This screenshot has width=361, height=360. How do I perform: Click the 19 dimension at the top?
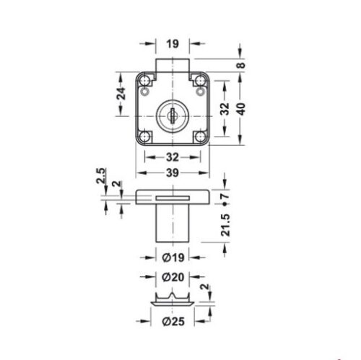[173, 43]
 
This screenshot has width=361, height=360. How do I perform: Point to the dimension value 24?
[122, 93]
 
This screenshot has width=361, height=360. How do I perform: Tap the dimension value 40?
[242, 107]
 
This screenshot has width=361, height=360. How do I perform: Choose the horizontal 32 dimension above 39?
[173, 157]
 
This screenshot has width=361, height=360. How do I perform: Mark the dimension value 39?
[173, 174]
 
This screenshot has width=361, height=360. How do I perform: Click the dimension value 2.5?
[100, 175]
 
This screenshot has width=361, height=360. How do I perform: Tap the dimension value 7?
[225, 196]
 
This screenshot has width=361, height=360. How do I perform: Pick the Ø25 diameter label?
[173, 322]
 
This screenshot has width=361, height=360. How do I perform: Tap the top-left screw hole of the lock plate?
[146, 91]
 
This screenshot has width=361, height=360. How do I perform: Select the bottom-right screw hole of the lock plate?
[199, 135]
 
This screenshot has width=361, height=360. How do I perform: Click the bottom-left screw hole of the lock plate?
[146, 135]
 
